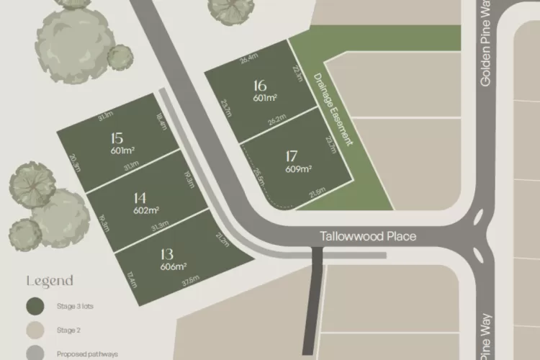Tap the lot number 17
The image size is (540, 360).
coord(292,156)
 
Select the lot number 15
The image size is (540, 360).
coord(117,138)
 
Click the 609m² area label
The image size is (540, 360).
coord(298,169)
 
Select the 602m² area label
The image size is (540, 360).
coord(145,211)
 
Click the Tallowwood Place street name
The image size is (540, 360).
coord(369,236)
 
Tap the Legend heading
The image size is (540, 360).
coord(50,281)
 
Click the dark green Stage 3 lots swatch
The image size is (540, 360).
coord(34,307)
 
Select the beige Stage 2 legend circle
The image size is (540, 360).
coord(34,330)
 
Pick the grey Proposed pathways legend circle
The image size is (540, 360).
coord(34,354)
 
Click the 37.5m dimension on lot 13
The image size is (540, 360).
coord(190,282)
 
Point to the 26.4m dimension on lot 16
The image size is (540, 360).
coord(249,58)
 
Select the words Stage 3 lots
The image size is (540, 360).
coord(76,307)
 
